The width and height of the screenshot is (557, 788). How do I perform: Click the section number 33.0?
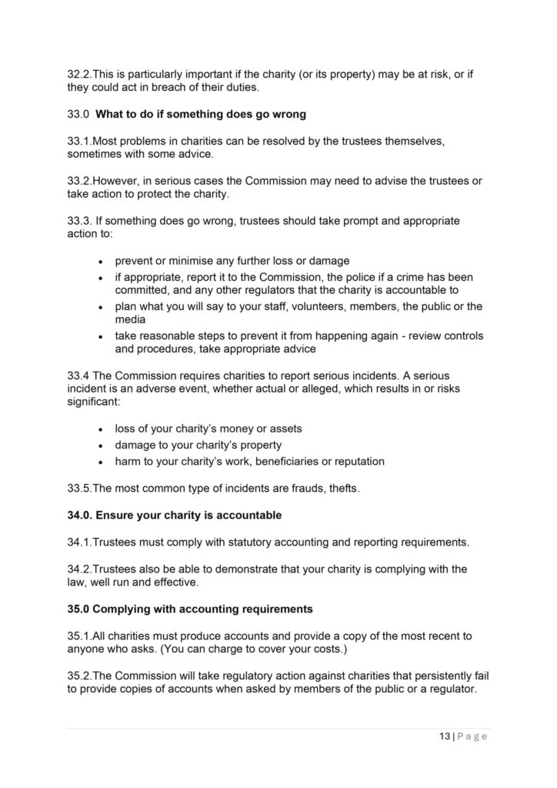coord(78,115)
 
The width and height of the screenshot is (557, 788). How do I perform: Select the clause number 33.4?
coord(78,375)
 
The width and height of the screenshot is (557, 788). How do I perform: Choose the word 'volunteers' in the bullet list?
coord(274,306)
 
